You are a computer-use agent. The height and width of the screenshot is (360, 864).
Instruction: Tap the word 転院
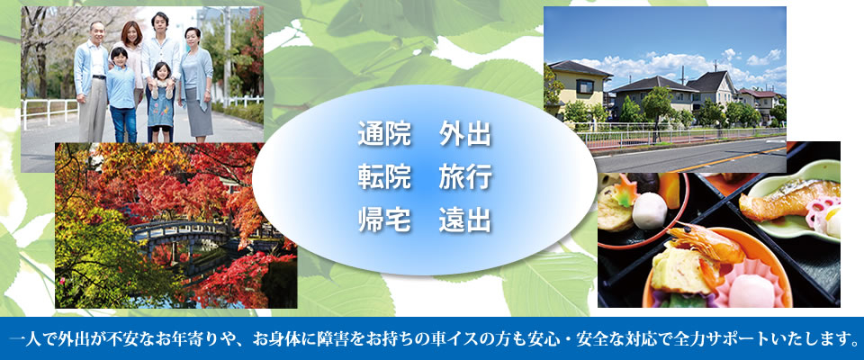(x=384, y=178)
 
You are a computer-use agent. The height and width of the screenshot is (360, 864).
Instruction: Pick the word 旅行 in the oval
(x=465, y=178)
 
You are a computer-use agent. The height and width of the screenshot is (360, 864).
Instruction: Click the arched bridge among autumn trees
(x=182, y=230)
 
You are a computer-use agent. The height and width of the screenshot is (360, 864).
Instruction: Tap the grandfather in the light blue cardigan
(x=92, y=82)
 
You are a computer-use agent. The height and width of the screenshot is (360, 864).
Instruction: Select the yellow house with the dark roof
(x=579, y=87)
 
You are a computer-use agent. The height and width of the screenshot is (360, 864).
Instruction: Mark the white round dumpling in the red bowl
(x=649, y=210)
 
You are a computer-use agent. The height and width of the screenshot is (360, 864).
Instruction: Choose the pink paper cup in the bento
(x=750, y=283)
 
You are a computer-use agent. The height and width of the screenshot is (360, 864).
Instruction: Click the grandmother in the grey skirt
(x=195, y=85)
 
